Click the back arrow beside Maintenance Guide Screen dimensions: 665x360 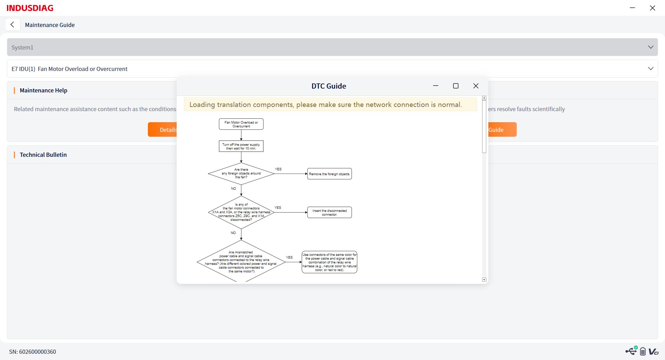pyautogui.click(x=12, y=25)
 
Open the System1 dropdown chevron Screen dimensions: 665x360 pyautogui.click(x=650, y=47)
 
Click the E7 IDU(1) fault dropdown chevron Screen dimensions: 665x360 pyautogui.click(x=650, y=69)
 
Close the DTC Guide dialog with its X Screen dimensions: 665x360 pyautogui.click(x=476, y=86)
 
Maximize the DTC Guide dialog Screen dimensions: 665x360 pyautogui.click(x=456, y=86)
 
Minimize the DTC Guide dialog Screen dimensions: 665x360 pyautogui.click(x=436, y=85)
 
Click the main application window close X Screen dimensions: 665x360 pyautogui.click(x=653, y=8)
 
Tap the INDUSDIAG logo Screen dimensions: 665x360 pyautogui.click(x=30, y=8)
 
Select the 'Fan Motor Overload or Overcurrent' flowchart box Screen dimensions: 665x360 pyautogui.click(x=241, y=124)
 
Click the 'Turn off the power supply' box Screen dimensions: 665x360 pyautogui.click(x=241, y=146)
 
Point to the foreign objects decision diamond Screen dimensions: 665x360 pyautogui.click(x=241, y=173)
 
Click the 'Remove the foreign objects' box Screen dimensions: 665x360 pyautogui.click(x=329, y=174)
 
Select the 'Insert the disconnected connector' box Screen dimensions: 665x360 pyautogui.click(x=329, y=213)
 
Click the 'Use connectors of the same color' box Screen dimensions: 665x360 pyautogui.click(x=329, y=262)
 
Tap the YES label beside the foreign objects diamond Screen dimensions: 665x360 pyautogui.click(x=278, y=169)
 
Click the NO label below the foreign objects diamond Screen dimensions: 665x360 pyautogui.click(x=233, y=189)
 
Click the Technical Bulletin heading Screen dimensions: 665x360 pyautogui.click(x=43, y=155)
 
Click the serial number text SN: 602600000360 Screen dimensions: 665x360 pyautogui.click(x=33, y=352)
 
